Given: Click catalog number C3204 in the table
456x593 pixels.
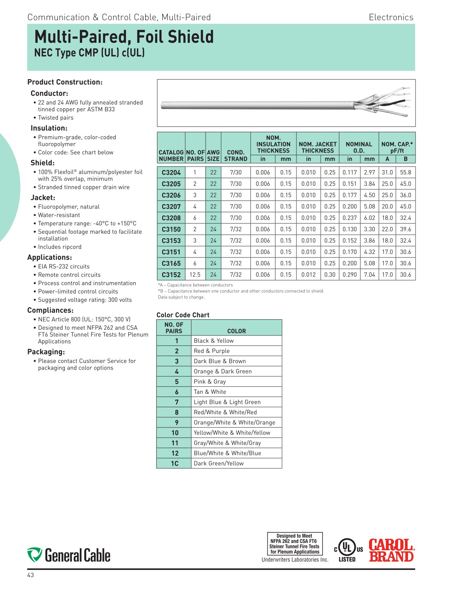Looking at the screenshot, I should point(171,173).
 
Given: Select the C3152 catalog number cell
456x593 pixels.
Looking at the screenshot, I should point(171,275).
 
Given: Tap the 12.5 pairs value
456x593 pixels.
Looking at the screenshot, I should point(195,275).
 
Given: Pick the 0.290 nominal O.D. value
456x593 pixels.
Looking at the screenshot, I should point(349,275).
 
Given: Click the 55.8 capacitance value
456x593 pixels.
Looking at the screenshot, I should point(405,173).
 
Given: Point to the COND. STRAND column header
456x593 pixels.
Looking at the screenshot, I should point(236,156).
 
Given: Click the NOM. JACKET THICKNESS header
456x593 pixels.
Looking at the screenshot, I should point(318,147).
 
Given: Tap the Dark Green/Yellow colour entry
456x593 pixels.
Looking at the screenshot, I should point(219,463).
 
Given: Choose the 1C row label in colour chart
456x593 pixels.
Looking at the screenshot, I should point(174,463).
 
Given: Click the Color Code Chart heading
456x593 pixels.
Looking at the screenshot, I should point(183,315).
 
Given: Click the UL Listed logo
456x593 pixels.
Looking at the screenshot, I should point(347,550).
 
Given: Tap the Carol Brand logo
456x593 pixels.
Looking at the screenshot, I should point(391,550).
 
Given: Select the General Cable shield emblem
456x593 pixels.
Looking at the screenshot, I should point(34,555).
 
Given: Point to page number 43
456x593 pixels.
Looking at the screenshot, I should point(31,575).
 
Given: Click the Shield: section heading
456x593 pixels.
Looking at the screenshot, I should point(43,163).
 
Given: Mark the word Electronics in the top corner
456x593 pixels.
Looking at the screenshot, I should point(391,17).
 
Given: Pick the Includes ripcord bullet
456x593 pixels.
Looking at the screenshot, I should point(60,247).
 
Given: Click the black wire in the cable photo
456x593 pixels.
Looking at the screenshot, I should point(393,102).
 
